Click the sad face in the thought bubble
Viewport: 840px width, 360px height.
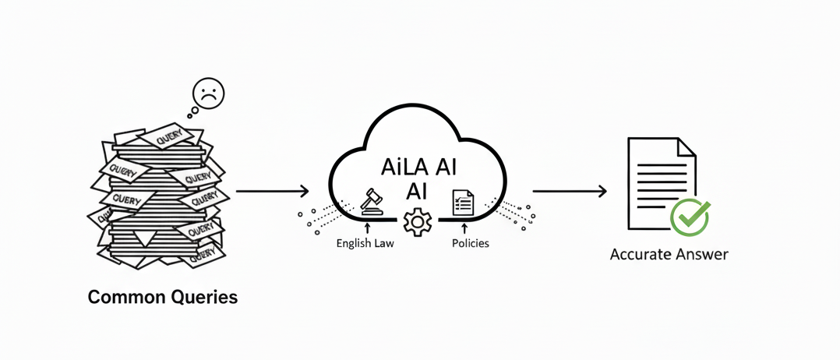tap(207, 94)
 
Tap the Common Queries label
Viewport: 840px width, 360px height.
tap(163, 297)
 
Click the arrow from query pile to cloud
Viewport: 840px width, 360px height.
tap(272, 191)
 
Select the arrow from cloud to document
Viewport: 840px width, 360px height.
tap(569, 191)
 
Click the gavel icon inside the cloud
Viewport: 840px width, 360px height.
tap(372, 201)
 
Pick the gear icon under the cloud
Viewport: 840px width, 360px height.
tap(418, 223)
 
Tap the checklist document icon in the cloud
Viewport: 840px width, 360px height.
tap(463, 203)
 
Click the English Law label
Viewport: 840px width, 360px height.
tap(365, 243)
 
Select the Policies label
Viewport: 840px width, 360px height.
tap(471, 243)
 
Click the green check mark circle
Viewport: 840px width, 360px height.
tap(690, 217)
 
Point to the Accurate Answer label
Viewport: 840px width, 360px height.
tap(669, 255)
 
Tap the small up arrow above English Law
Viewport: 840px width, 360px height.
tap(366, 228)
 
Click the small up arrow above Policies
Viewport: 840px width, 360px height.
tap(464, 228)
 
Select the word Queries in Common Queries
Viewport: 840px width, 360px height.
tap(201, 297)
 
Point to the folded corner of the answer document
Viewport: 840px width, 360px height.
tap(686, 146)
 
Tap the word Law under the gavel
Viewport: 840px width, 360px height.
tap(384, 243)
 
